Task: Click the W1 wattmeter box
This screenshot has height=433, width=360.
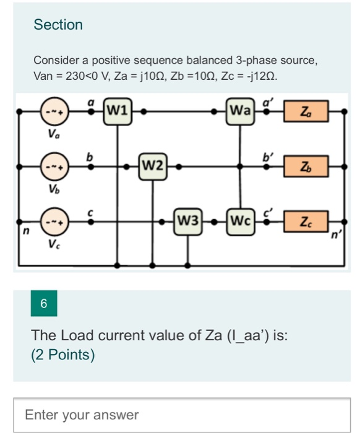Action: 118,112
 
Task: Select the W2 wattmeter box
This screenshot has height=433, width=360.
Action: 152,165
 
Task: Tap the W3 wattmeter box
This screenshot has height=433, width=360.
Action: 188,220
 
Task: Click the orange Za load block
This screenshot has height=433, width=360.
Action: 306,112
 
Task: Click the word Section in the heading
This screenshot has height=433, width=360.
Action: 58,25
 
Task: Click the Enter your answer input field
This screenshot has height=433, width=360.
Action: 182,414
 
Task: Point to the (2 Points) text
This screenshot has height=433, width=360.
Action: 63,354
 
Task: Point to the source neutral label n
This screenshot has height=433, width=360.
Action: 25,233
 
